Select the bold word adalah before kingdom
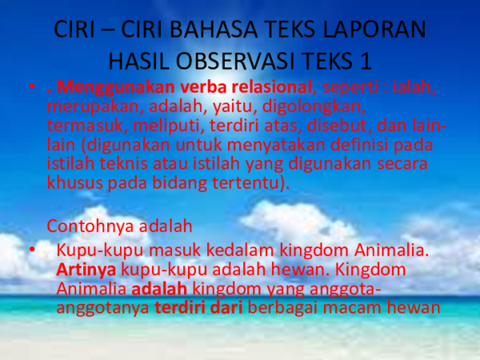[x=159, y=288]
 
